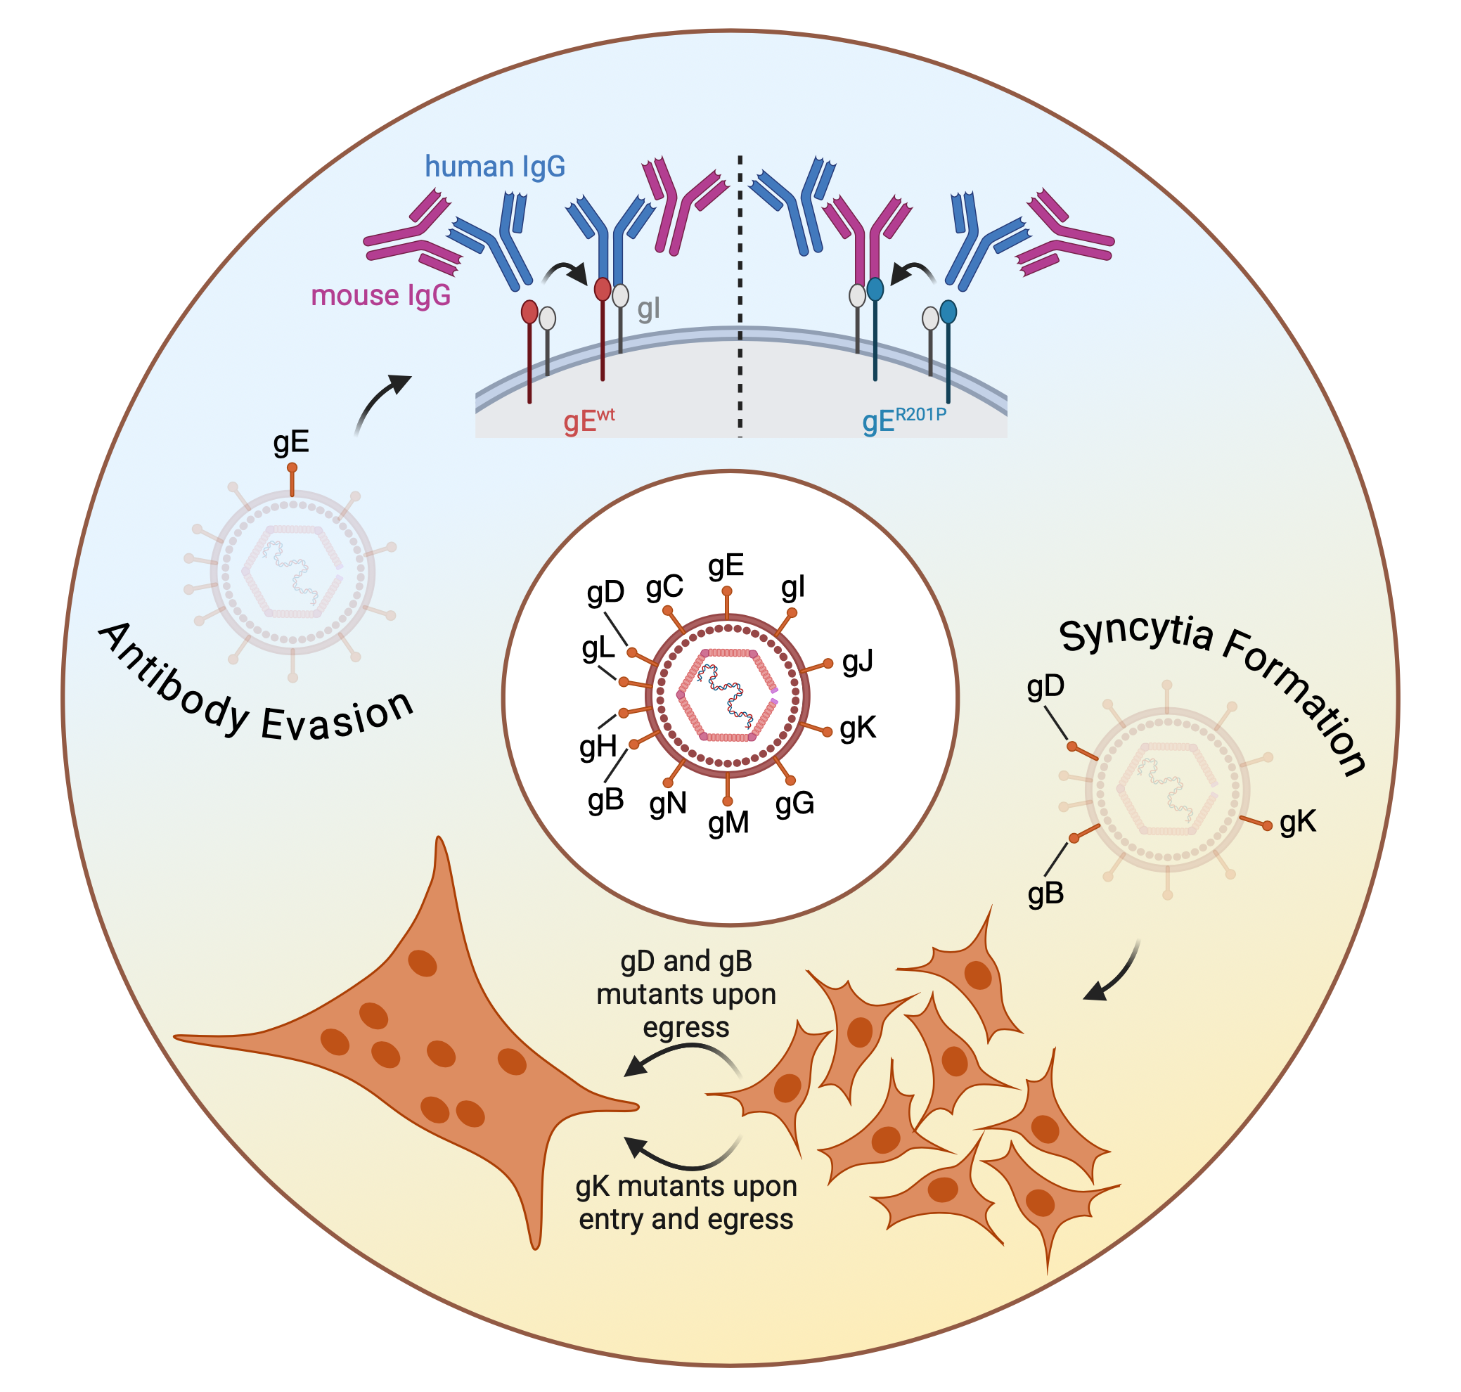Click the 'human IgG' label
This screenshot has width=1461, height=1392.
[x=495, y=167]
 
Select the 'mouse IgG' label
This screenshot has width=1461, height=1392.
[x=380, y=295]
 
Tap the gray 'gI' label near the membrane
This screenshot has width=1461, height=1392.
[x=648, y=309]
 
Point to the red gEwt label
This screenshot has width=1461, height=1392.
[x=588, y=420]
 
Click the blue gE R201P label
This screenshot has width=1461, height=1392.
[x=903, y=420]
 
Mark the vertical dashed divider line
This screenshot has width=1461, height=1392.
[x=740, y=297]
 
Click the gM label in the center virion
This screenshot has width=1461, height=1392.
[x=728, y=823]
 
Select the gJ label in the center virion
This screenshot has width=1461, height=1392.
[x=858, y=660]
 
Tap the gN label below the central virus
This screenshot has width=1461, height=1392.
[x=668, y=804]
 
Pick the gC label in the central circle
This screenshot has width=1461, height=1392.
[x=664, y=588]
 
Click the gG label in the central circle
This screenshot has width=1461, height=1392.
[x=794, y=804]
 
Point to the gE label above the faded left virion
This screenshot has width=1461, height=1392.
[x=291, y=442]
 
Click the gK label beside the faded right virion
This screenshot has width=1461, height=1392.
[x=1298, y=822]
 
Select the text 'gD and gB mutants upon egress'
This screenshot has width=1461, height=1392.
[x=686, y=993]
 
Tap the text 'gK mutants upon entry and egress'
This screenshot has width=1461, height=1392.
[x=686, y=1202]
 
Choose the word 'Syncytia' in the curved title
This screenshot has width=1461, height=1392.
[x=1135, y=635]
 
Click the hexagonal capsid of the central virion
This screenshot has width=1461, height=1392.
[x=728, y=695]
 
